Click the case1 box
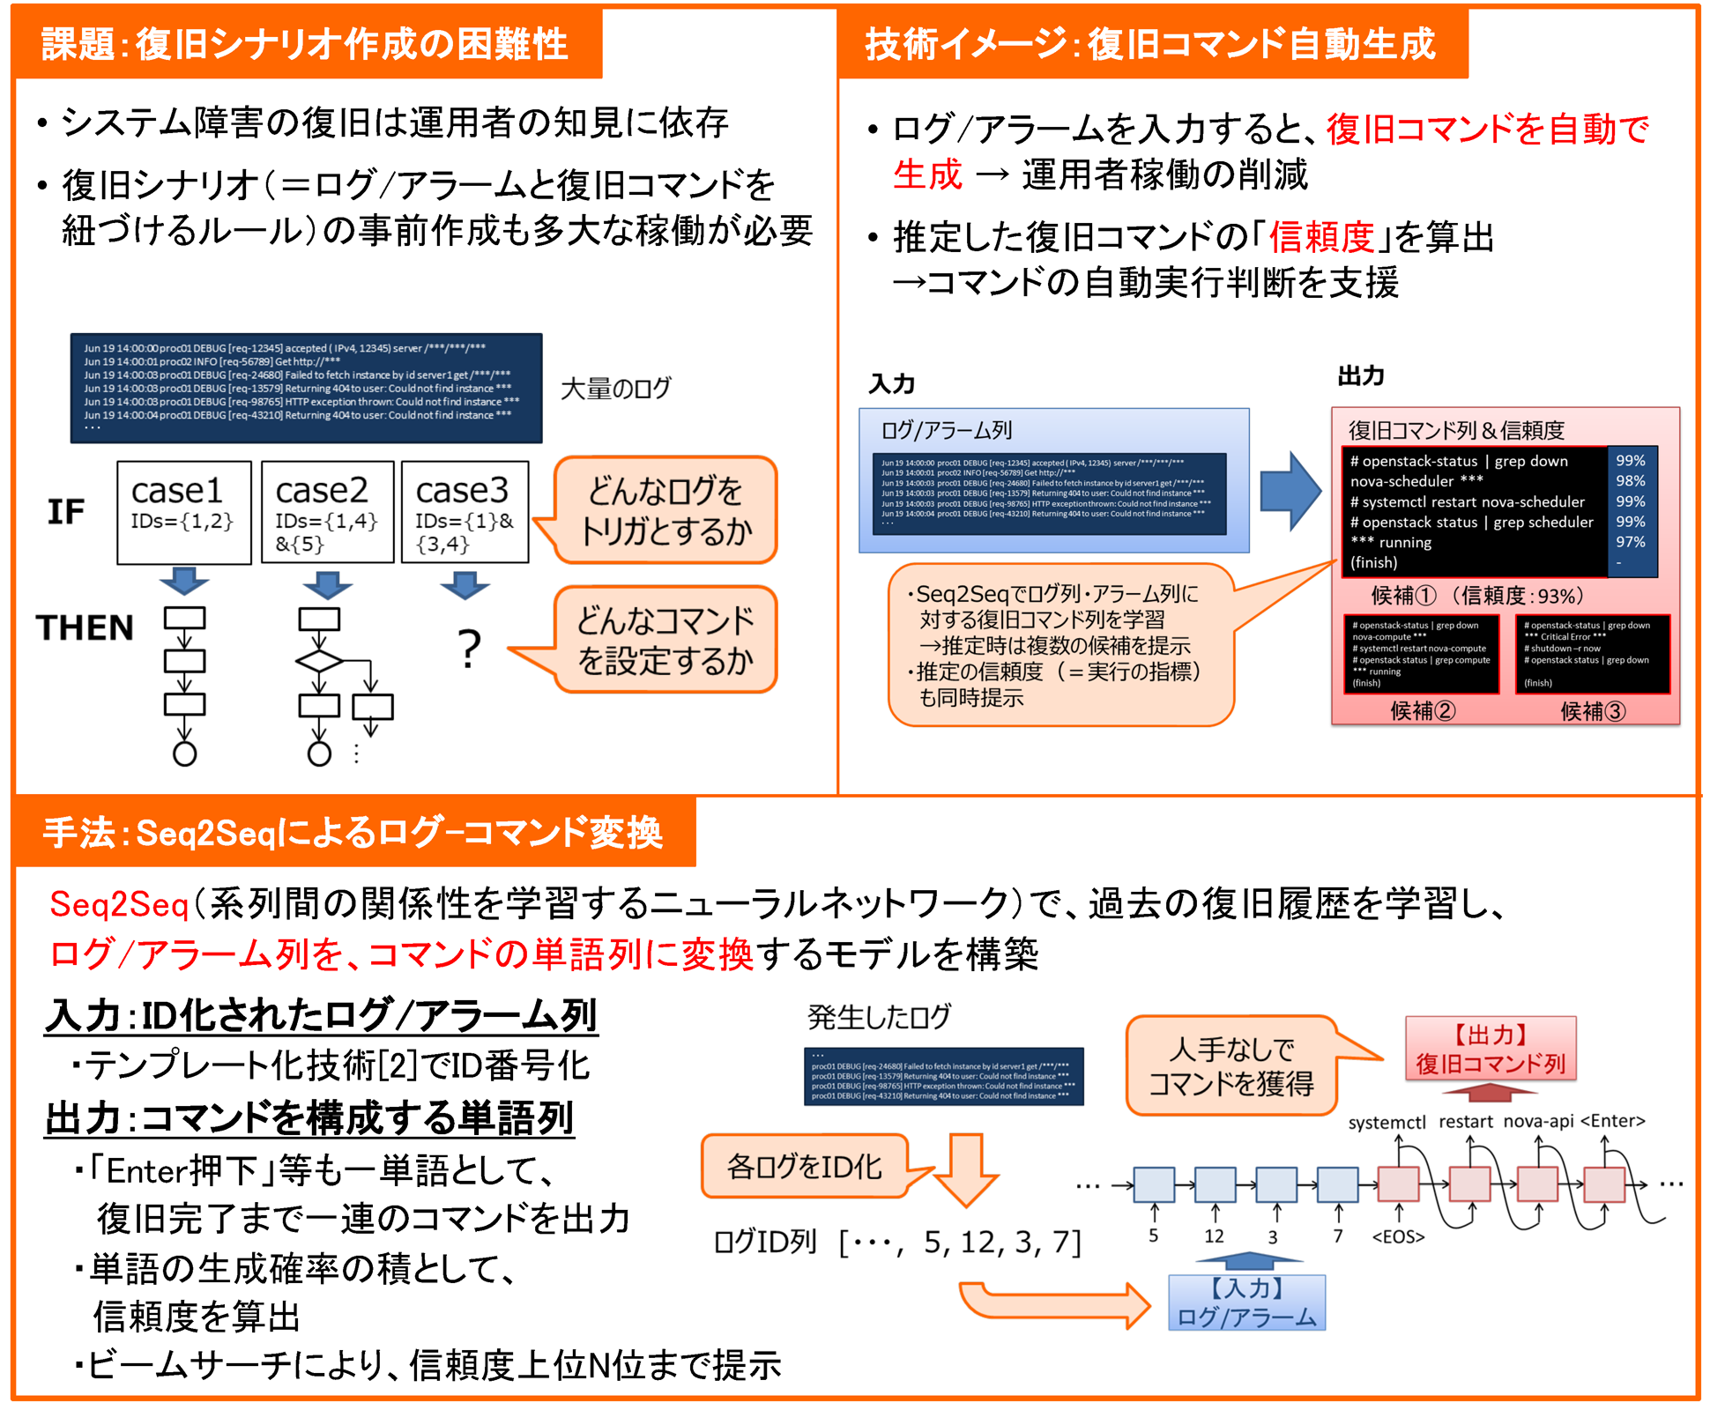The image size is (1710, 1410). tap(183, 511)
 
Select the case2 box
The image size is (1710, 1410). tap(327, 511)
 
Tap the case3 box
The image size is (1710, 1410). tap(465, 511)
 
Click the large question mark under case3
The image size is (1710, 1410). tap(470, 650)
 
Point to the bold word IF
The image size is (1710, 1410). tap(66, 511)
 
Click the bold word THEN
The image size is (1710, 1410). tap(85, 627)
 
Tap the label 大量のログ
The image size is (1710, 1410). tap(615, 389)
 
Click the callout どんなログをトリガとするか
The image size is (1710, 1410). tap(665, 510)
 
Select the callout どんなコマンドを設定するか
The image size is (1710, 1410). tap(665, 640)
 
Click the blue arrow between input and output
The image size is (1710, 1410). tap(1290, 491)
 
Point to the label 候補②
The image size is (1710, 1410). tap(1423, 710)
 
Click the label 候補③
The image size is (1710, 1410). tap(1592, 710)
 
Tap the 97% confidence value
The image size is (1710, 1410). tap(1630, 542)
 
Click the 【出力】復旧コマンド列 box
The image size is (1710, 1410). tap(1491, 1049)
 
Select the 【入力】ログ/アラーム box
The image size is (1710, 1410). tap(1246, 1302)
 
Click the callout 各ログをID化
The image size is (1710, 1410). tap(804, 1167)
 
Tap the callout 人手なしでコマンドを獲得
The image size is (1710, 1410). tap(1231, 1065)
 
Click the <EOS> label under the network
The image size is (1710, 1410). tap(1398, 1236)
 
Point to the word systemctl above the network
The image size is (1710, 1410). tap(1387, 1123)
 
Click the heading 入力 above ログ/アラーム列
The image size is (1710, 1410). tap(892, 383)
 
